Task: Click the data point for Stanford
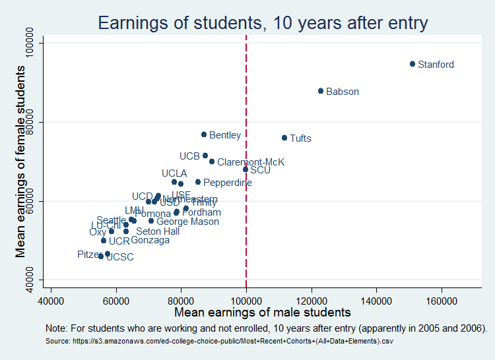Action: pyautogui.click(x=412, y=64)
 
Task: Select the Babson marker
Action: pyautogui.click(x=321, y=91)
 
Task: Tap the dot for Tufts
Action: pyautogui.click(x=284, y=138)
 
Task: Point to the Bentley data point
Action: pyautogui.click(x=204, y=135)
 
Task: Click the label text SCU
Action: pyautogui.click(x=260, y=169)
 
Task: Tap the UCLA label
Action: pyautogui.click(x=174, y=173)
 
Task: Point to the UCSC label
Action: pyautogui.click(x=120, y=257)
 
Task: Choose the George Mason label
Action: pyautogui.click(x=187, y=222)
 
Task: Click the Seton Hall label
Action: pyautogui.click(x=158, y=232)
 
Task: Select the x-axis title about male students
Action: pyautogui.click(x=262, y=312)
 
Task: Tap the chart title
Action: pyautogui.click(x=263, y=24)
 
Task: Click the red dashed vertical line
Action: pyautogui.click(x=246, y=224)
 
